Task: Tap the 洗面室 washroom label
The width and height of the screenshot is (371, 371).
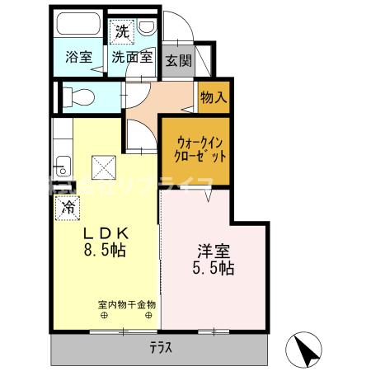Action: click(x=132, y=58)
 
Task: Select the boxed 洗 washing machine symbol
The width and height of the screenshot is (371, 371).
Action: click(x=121, y=33)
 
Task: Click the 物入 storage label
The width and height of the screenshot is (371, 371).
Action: click(x=213, y=98)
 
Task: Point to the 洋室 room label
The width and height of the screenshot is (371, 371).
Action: click(x=214, y=251)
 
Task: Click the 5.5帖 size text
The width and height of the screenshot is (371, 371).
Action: click(x=214, y=269)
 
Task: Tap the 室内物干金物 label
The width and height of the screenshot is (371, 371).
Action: click(x=126, y=304)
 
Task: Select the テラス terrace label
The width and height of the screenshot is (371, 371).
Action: click(x=161, y=347)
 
